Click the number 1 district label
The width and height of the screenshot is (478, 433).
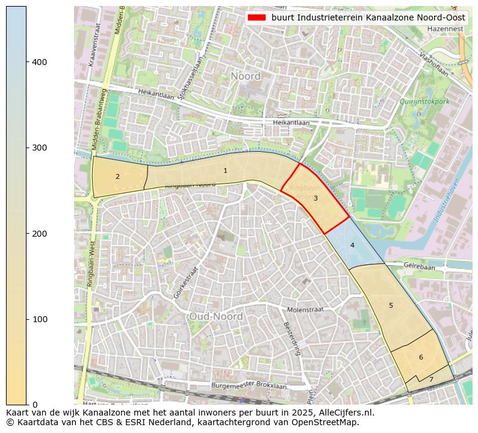[x=225, y=171]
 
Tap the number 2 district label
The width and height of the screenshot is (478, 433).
[x=117, y=177]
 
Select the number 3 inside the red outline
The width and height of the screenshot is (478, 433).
[x=315, y=198]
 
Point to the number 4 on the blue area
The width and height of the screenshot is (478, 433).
[x=352, y=245]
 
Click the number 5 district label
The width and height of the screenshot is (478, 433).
[x=391, y=306]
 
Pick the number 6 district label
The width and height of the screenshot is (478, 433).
[x=421, y=358]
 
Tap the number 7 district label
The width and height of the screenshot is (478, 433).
[x=431, y=380]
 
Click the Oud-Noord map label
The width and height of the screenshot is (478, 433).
[x=216, y=317]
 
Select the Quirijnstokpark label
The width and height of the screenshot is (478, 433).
[x=424, y=102]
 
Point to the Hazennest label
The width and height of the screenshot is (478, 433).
[x=445, y=29]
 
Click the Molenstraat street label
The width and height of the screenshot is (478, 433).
[x=305, y=309]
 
